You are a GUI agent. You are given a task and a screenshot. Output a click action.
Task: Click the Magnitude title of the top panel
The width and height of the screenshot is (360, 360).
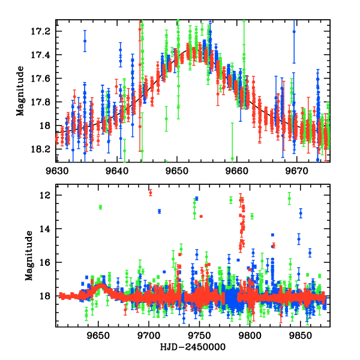pyautogui.click(x=20, y=91)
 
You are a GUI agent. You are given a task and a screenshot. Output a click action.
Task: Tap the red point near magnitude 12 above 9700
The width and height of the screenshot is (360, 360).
pyautogui.click(x=150, y=193)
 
